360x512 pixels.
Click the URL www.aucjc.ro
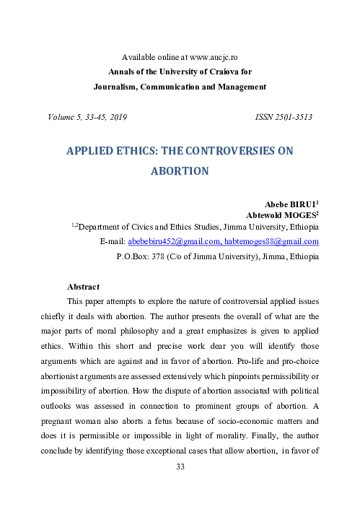coord(211,56)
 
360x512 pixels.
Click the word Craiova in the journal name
coord(214,71)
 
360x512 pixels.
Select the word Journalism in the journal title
coord(119,87)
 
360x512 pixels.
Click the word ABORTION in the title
coord(180,172)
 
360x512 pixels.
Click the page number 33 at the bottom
coord(180,486)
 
